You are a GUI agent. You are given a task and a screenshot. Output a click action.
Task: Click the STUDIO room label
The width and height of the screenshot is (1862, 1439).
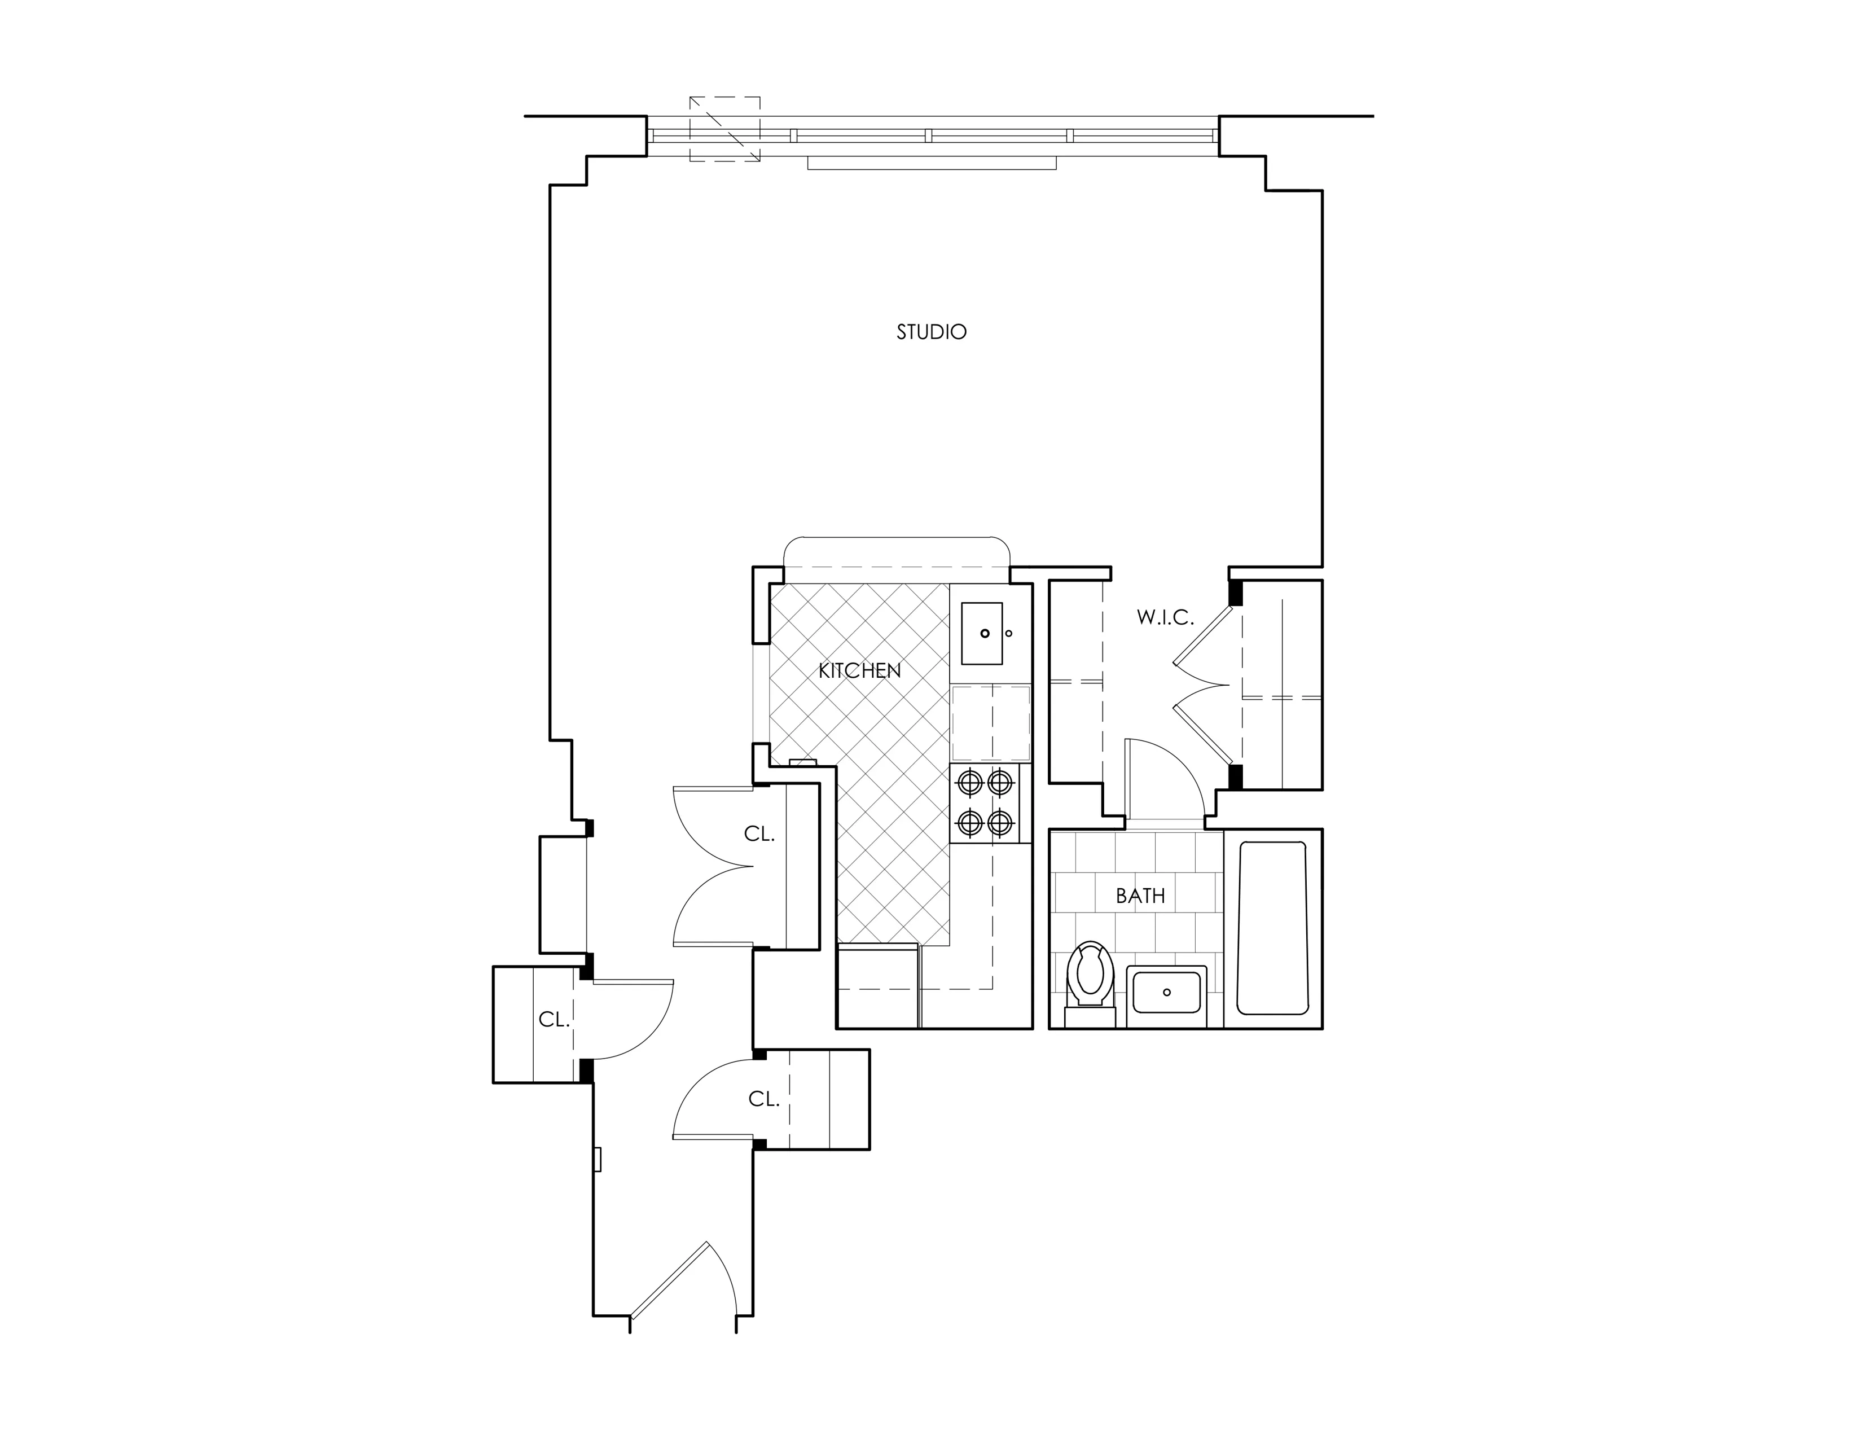(931, 332)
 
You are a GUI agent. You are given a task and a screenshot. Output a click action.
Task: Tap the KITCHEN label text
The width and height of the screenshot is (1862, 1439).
(859, 671)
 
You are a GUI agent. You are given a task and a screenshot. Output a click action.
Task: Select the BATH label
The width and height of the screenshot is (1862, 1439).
(1140, 896)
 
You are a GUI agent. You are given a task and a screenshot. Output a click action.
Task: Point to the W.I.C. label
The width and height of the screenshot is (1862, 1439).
(1165, 618)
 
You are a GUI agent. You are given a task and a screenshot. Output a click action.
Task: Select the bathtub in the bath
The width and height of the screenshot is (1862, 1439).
(1272, 928)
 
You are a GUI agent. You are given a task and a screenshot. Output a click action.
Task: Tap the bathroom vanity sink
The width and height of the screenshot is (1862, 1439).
(1166, 992)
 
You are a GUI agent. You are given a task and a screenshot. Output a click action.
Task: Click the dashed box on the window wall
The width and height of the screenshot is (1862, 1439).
(724, 129)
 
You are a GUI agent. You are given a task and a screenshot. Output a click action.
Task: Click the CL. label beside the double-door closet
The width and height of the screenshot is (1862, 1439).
(759, 835)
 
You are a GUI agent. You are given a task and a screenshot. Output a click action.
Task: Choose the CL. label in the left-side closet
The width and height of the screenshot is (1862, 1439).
(554, 1020)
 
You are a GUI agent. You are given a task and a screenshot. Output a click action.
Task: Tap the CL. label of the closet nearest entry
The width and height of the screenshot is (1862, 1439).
(764, 1100)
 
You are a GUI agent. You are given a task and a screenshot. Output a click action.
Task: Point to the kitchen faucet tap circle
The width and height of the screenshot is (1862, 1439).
(1009, 633)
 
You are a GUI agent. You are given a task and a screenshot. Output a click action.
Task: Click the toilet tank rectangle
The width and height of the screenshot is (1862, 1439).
(1090, 1015)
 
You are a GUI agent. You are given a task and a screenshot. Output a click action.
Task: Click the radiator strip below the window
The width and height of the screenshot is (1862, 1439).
(932, 163)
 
